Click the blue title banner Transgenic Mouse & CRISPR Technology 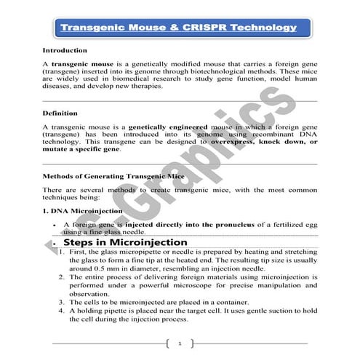point(179,28)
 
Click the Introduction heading point(65,51)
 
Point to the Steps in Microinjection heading point(125,241)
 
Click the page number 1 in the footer point(179,342)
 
